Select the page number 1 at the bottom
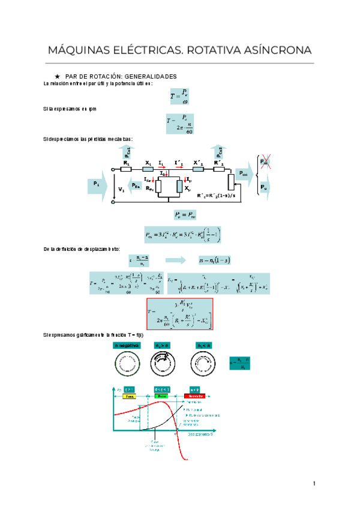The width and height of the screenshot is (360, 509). pos(314,484)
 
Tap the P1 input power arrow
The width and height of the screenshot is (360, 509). pos(98,183)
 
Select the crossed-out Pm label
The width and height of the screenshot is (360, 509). pos(264,162)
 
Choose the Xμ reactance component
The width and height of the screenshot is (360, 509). pos(179,187)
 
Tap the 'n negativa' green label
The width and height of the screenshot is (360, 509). pos(127,346)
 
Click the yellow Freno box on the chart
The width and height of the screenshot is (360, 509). pos(129,396)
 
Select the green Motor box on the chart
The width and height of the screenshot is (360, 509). pos(161,396)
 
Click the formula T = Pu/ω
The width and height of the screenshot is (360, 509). pos(179,96)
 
